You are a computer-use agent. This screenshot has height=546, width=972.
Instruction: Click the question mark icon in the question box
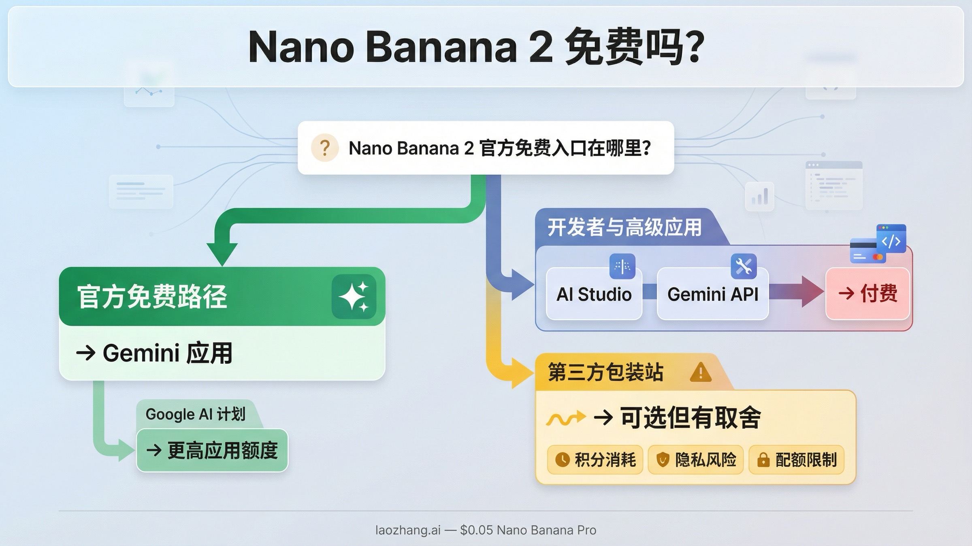(324, 148)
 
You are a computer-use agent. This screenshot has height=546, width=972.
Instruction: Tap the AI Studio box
(594, 294)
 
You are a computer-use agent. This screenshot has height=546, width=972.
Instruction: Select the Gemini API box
(712, 294)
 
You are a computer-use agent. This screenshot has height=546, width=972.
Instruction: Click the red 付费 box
(868, 293)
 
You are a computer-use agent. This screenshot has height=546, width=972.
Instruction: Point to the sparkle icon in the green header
(354, 296)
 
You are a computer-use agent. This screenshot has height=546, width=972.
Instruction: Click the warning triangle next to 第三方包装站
(700, 372)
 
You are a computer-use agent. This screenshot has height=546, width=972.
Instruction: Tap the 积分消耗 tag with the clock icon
(595, 459)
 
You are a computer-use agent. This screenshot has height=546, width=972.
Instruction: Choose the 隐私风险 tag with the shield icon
(695, 459)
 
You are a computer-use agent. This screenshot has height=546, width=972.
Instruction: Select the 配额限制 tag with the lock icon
(796, 459)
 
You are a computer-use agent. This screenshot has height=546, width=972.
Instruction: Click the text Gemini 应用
(167, 353)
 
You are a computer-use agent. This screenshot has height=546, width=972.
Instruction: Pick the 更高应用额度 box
(212, 450)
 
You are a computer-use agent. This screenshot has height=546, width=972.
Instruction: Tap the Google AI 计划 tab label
(196, 414)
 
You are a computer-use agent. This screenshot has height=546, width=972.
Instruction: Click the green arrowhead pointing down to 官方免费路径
(222, 253)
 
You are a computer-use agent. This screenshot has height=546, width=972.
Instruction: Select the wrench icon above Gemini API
(744, 266)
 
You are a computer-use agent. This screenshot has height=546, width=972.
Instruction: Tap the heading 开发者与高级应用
(624, 227)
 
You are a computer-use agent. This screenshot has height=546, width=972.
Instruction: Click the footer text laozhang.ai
(407, 530)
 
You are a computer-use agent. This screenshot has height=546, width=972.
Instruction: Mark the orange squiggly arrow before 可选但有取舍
(565, 418)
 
